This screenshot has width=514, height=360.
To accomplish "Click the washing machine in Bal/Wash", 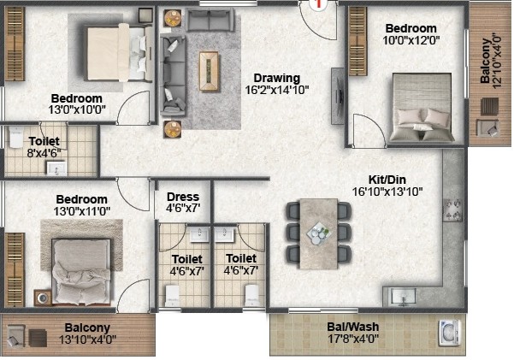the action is pos(450,333).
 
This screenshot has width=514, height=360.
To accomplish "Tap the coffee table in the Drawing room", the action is pos(209,71).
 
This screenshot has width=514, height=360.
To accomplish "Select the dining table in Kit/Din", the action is pos(319,233).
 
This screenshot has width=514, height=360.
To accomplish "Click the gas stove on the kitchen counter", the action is pos(452,210).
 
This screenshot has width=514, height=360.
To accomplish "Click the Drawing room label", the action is pos(277,78).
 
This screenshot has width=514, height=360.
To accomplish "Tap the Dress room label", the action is pos(182,197).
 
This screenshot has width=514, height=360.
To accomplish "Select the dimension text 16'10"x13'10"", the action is pos(387,192).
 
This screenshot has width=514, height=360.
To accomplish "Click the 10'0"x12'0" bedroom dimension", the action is pos(411,40).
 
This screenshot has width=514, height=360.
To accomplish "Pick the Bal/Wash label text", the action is pos(352,327).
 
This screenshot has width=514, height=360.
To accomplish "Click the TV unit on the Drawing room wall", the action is pos(337,96).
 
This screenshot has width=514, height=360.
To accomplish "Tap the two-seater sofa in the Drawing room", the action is pos(210,20).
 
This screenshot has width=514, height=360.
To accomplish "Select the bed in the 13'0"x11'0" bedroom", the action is pos(81,271).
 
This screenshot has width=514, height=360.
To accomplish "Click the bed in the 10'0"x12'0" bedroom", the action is pos(422,107).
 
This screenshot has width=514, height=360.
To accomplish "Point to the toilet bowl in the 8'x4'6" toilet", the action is pos(15,137).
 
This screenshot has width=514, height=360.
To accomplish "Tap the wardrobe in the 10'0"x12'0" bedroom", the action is pos(357,41).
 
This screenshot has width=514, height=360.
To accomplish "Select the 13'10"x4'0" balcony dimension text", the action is pos(87,339).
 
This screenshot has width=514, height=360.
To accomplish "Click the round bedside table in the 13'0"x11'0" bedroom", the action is pos(42,298).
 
